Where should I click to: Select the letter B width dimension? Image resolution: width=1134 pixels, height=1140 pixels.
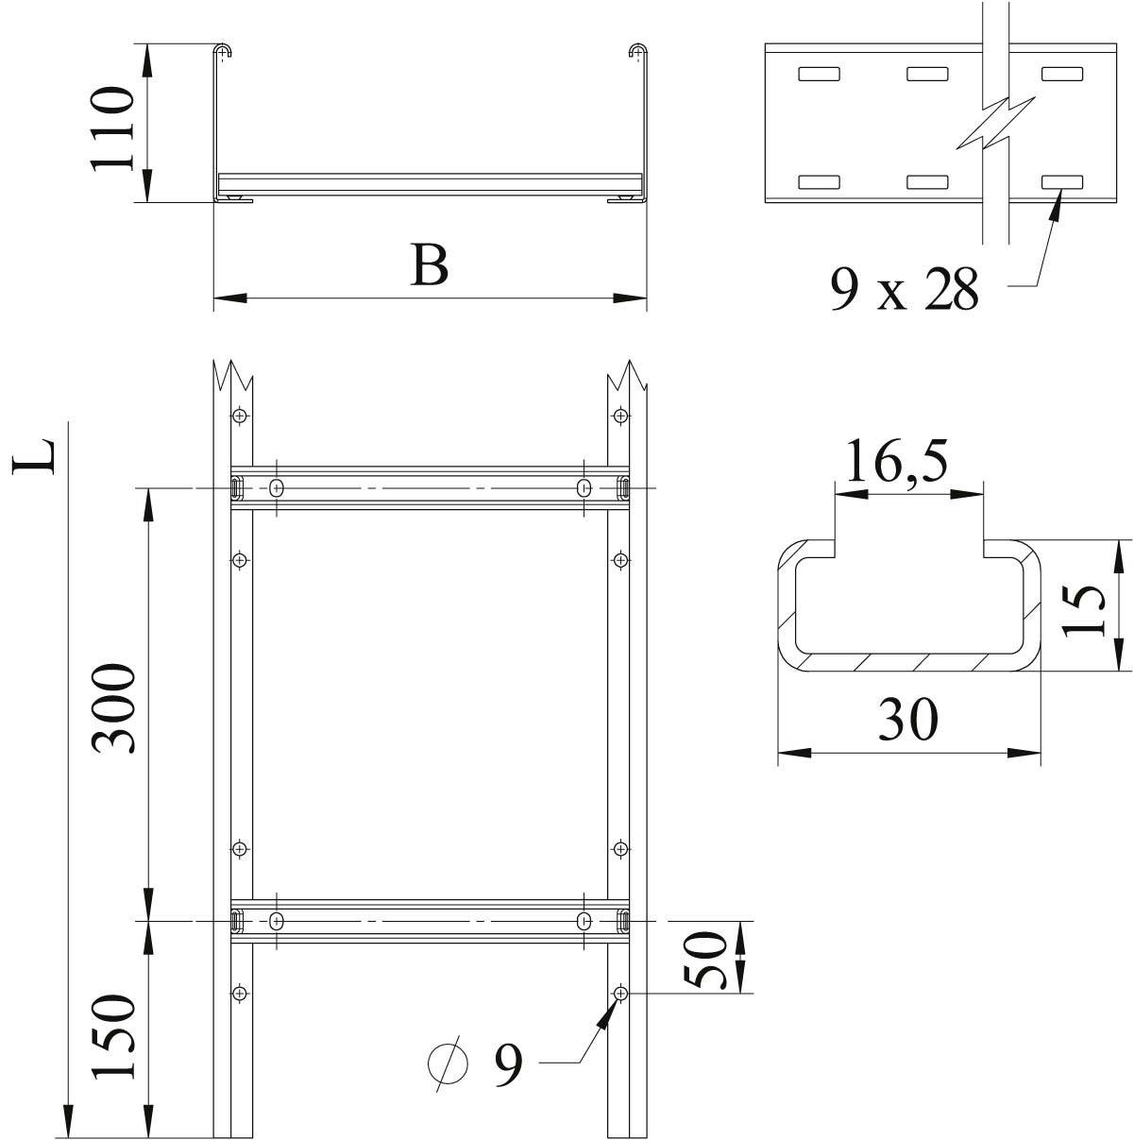click(x=430, y=265)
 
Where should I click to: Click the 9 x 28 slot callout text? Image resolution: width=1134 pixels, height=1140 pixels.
click(x=904, y=288)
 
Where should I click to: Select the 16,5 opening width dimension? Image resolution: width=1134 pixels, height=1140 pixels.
click(x=896, y=463)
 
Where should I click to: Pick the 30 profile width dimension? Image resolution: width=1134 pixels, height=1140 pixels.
click(x=908, y=720)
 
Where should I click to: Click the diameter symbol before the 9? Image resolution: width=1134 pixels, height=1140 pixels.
click(x=448, y=1064)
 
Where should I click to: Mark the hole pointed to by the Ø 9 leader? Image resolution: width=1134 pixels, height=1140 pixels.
click(x=620, y=994)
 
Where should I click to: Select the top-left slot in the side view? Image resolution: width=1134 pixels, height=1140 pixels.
click(x=818, y=73)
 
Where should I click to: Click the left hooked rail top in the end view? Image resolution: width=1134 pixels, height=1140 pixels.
click(x=223, y=51)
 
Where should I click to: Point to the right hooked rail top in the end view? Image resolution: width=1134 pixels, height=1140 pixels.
click(x=638, y=51)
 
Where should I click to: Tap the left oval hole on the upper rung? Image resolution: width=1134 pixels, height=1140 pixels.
click(x=277, y=488)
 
